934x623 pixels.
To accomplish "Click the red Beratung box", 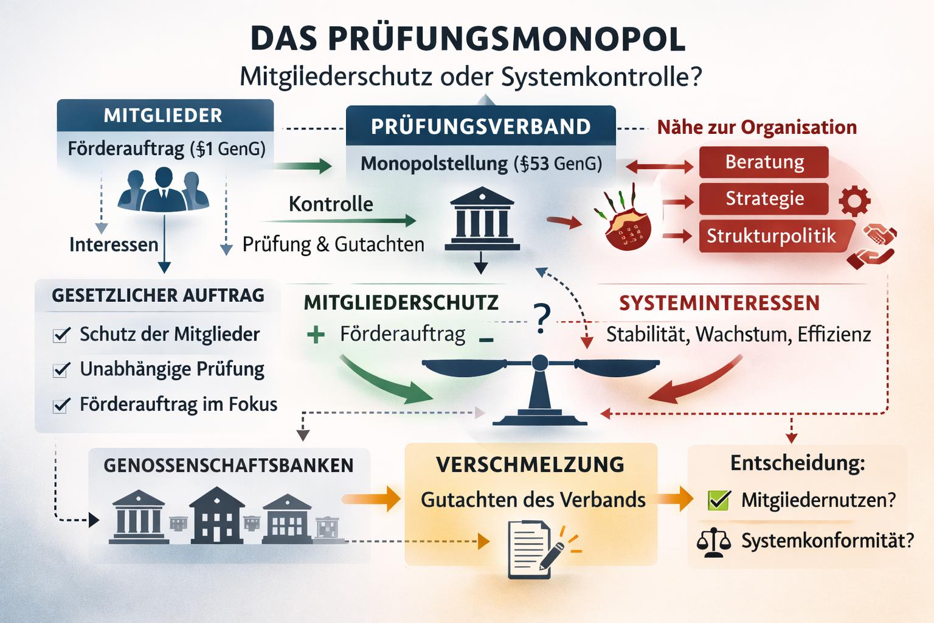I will [764, 162].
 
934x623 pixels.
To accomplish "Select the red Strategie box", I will [764, 199].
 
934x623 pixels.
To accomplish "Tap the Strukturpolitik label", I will [771, 236].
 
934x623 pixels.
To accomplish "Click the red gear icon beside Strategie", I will [854, 201].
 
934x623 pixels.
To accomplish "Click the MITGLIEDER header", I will [163, 116].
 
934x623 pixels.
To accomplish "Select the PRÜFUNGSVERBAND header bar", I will [480, 127].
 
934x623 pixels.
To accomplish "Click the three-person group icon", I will [163, 190].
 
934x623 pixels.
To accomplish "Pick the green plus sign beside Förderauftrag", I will [316, 334].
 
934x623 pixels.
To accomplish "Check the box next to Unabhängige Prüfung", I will [61, 370].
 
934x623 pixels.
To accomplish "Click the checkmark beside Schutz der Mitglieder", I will [61, 335].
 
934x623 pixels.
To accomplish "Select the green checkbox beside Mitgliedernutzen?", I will [719, 500].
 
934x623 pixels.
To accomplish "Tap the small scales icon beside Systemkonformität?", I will [713, 541].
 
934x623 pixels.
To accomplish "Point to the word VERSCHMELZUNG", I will [530, 465].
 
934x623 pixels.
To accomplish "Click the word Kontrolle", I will [331, 204].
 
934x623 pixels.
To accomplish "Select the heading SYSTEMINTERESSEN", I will [719, 303].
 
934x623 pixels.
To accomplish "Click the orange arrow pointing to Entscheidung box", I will [675, 499].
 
